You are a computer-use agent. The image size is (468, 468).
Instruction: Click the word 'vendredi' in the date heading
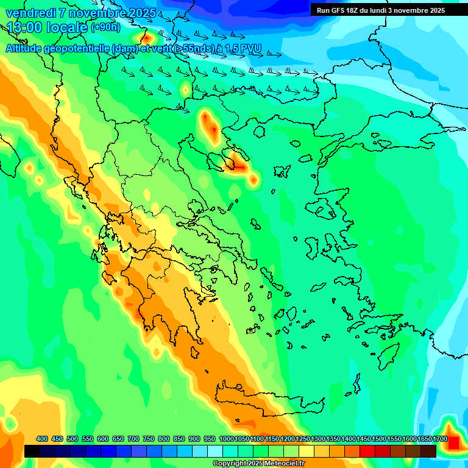(x=30, y=13)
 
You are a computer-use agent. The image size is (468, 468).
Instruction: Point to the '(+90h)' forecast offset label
(x=105, y=27)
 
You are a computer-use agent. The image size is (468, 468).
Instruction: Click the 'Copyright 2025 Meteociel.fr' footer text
(x=259, y=464)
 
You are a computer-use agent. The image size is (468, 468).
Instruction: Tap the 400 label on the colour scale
(x=42, y=439)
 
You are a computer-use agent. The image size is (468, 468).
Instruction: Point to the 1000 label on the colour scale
(x=225, y=439)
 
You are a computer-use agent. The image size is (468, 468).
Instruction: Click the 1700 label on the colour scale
(x=440, y=439)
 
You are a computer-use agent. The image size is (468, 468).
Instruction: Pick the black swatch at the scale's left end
(x=32, y=451)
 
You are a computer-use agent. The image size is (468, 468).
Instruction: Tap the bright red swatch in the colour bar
(x=367, y=451)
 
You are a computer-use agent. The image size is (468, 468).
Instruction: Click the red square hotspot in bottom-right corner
(x=453, y=442)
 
